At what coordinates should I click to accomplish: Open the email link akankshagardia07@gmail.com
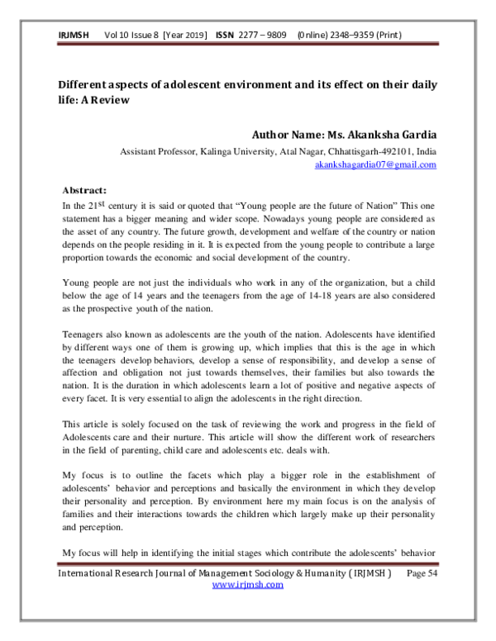[375, 164]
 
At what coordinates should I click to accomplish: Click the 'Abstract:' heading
[85, 188]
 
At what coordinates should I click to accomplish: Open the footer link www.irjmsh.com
[248, 584]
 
